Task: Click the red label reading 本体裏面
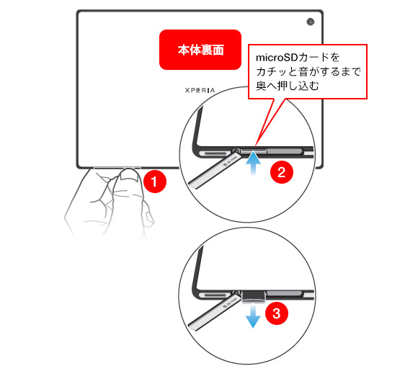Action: [200, 50]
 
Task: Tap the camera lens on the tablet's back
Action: [311, 22]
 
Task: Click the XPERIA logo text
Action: [200, 90]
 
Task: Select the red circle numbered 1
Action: [155, 182]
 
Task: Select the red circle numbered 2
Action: [282, 172]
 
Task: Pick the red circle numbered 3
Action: [277, 313]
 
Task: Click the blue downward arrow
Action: [253, 317]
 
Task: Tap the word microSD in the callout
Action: [277, 58]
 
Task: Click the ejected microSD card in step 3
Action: [253, 298]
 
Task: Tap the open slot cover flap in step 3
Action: [215, 312]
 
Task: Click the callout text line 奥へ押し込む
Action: [288, 86]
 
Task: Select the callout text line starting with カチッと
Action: [308, 72]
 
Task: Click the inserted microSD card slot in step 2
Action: [254, 151]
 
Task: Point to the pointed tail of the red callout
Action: [255, 146]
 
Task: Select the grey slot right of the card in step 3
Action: [285, 294]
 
